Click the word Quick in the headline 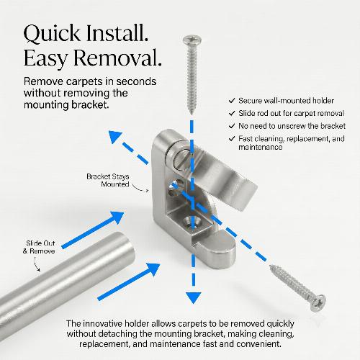click(52, 34)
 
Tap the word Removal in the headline click(117, 58)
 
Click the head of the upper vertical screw click(192, 40)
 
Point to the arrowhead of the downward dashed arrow click(194, 297)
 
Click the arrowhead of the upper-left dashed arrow click(114, 136)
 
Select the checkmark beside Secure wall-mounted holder click(232, 101)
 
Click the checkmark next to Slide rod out click(232, 113)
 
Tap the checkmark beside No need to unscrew click(232, 126)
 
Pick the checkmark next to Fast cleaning click(232, 139)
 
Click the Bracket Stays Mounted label click(108, 181)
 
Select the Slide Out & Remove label click(39, 247)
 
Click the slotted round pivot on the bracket click(181, 158)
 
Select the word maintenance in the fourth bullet click(260, 147)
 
